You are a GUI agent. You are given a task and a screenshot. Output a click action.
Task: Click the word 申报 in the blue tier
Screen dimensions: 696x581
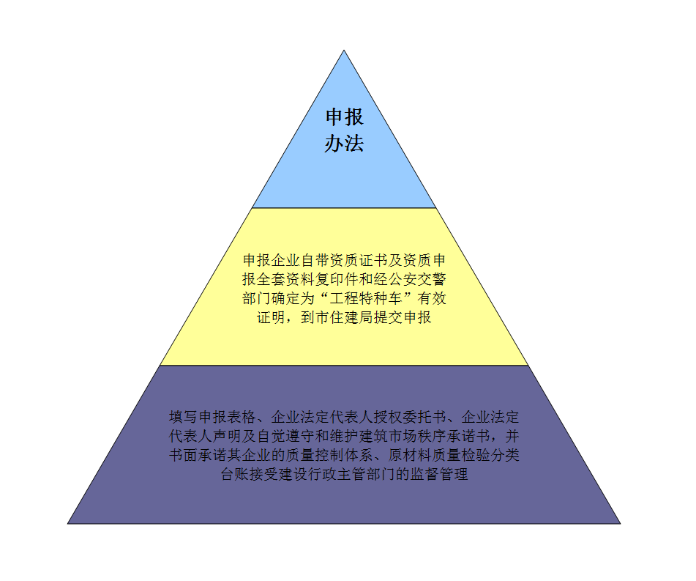click(x=345, y=117)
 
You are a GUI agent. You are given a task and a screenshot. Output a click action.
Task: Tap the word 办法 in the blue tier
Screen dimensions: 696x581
click(x=345, y=143)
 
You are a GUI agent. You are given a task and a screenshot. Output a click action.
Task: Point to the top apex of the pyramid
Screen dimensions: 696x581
click(x=344, y=51)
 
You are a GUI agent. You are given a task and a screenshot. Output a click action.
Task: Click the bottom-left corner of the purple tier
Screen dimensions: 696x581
click(x=68, y=523)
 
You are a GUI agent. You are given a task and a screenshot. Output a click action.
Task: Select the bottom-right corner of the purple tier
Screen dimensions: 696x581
click(x=620, y=523)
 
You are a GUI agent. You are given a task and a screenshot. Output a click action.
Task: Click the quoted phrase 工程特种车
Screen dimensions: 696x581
click(x=366, y=298)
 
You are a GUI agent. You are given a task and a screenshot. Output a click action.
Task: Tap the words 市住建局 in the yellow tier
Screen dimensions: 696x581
click(x=344, y=317)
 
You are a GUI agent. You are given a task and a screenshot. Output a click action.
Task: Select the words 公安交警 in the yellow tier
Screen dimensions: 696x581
click(x=417, y=279)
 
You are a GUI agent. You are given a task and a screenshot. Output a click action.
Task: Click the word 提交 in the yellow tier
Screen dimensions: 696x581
click(x=388, y=317)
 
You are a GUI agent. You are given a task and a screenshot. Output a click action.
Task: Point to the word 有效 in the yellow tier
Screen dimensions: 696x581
click(x=432, y=298)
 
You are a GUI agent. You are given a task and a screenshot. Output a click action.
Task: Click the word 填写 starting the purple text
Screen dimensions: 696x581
click(x=184, y=417)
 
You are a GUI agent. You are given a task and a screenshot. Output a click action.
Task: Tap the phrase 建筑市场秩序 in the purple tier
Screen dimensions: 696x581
click(x=402, y=436)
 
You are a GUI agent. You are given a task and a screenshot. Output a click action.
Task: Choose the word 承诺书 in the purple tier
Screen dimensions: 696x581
click(x=468, y=436)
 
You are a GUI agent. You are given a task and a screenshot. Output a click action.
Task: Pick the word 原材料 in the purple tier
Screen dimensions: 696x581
click(x=410, y=455)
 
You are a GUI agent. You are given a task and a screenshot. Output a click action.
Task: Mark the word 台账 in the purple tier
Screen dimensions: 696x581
click(x=235, y=474)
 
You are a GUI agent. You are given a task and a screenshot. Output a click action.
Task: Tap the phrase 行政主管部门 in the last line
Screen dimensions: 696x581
click(x=351, y=474)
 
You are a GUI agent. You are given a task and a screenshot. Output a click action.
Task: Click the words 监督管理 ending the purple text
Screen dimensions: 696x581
click(x=438, y=474)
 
